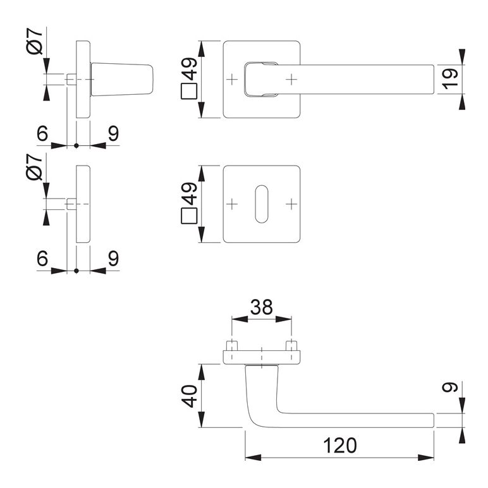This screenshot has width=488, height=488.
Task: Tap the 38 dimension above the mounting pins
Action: [x=261, y=307]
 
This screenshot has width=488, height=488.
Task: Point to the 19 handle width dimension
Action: [x=449, y=79]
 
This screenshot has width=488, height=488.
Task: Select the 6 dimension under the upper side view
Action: [x=42, y=134]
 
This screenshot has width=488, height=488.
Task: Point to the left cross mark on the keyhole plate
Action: [x=233, y=204]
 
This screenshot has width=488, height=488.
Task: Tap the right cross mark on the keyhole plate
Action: [x=291, y=204]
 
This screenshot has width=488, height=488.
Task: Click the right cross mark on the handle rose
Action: [x=291, y=79]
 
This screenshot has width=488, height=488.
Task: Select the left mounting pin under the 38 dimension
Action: [x=232, y=346]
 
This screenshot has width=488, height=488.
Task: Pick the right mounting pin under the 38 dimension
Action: [x=291, y=346]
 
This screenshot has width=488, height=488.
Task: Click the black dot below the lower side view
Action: [x=76, y=271]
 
